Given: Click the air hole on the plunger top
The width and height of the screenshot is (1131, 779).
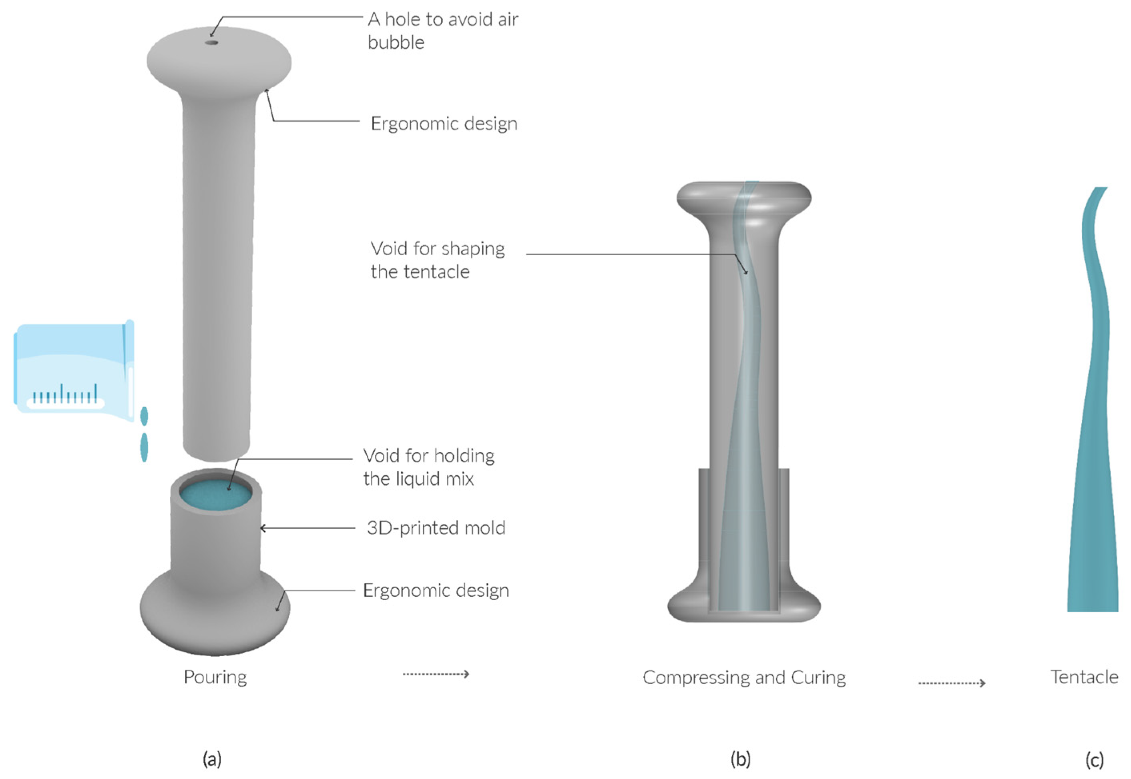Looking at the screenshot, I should [x=211, y=42].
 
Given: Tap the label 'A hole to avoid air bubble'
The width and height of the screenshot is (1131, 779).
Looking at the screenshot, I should [x=442, y=31].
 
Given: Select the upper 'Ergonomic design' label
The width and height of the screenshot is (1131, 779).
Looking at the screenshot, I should [x=444, y=124].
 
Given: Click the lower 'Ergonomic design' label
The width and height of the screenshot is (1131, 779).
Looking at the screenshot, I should [x=436, y=591].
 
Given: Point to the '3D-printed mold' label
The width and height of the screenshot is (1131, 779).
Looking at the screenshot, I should [x=436, y=528].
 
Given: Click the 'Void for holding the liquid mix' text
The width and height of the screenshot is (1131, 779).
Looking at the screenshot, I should [x=428, y=467].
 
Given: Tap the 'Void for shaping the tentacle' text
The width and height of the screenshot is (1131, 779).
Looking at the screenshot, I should [x=437, y=260].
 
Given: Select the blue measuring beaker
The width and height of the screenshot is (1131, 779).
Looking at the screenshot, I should [x=73, y=368].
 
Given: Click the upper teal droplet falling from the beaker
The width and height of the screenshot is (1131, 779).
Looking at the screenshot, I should [x=144, y=417].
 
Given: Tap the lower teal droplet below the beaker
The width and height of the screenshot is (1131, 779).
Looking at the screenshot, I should [x=144, y=447].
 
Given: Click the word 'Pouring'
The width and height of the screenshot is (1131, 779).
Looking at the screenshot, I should [x=215, y=677].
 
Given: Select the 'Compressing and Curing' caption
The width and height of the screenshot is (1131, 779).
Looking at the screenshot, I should [x=744, y=677].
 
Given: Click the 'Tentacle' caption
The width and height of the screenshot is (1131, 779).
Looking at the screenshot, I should [x=1084, y=677].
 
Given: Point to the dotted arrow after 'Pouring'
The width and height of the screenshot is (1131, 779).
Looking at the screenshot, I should [x=436, y=674].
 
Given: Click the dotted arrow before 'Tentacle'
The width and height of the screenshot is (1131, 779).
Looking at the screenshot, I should [x=951, y=683].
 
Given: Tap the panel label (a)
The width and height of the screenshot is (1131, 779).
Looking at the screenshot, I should [x=212, y=759].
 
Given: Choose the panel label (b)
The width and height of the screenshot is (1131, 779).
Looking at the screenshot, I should [x=740, y=759].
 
